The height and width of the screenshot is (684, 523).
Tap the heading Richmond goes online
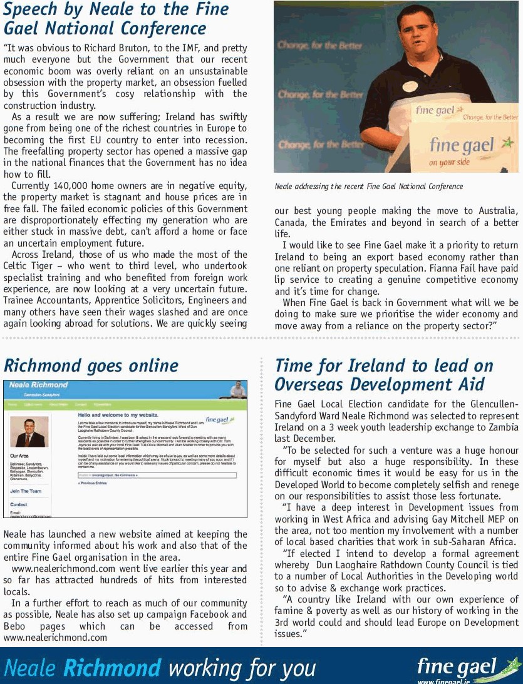(x=91, y=365)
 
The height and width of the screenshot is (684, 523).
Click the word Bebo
(x=16, y=626)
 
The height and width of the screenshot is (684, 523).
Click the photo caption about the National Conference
(x=368, y=186)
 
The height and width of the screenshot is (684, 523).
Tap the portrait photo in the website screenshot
(x=29, y=432)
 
